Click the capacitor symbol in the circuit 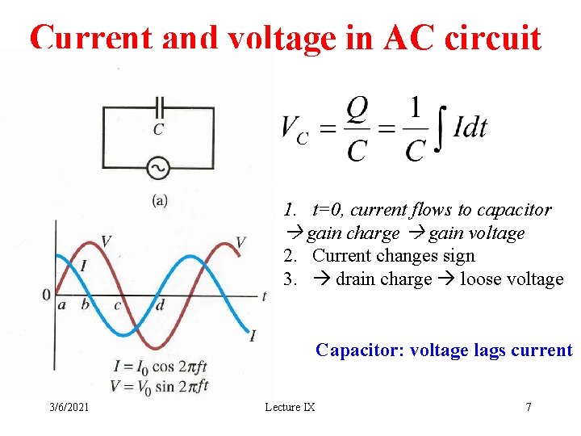159,105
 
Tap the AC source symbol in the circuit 158,167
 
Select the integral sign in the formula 439,128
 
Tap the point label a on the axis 62,305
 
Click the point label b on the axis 86,305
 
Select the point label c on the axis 117,305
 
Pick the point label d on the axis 160,305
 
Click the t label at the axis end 265,296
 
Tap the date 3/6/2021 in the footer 69,407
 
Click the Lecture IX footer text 290,407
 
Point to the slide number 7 529,407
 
